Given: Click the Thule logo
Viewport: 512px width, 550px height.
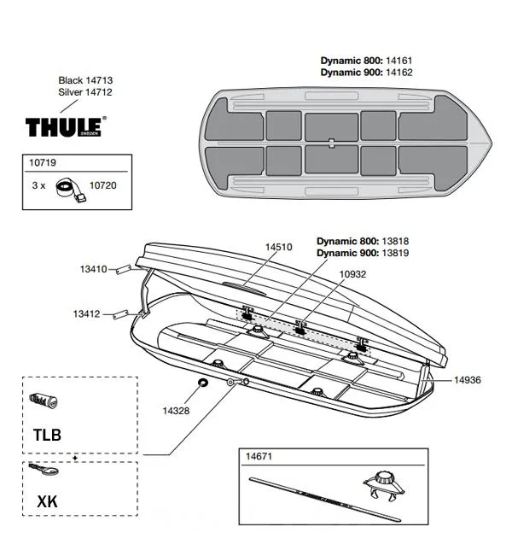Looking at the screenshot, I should pyautogui.click(x=67, y=126).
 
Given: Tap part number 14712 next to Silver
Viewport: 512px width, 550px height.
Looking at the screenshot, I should pyautogui.click(x=98, y=92).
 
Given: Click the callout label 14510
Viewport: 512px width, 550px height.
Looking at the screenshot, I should pyautogui.click(x=278, y=247).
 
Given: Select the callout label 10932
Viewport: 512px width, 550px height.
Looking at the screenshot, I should pyautogui.click(x=353, y=273).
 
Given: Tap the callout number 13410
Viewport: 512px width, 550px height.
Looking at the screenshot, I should pyautogui.click(x=94, y=269).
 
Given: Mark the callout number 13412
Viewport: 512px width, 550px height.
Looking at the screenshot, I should pyautogui.click(x=94, y=314).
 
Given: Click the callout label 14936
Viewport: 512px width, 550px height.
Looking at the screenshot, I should pyautogui.click(x=467, y=379).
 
